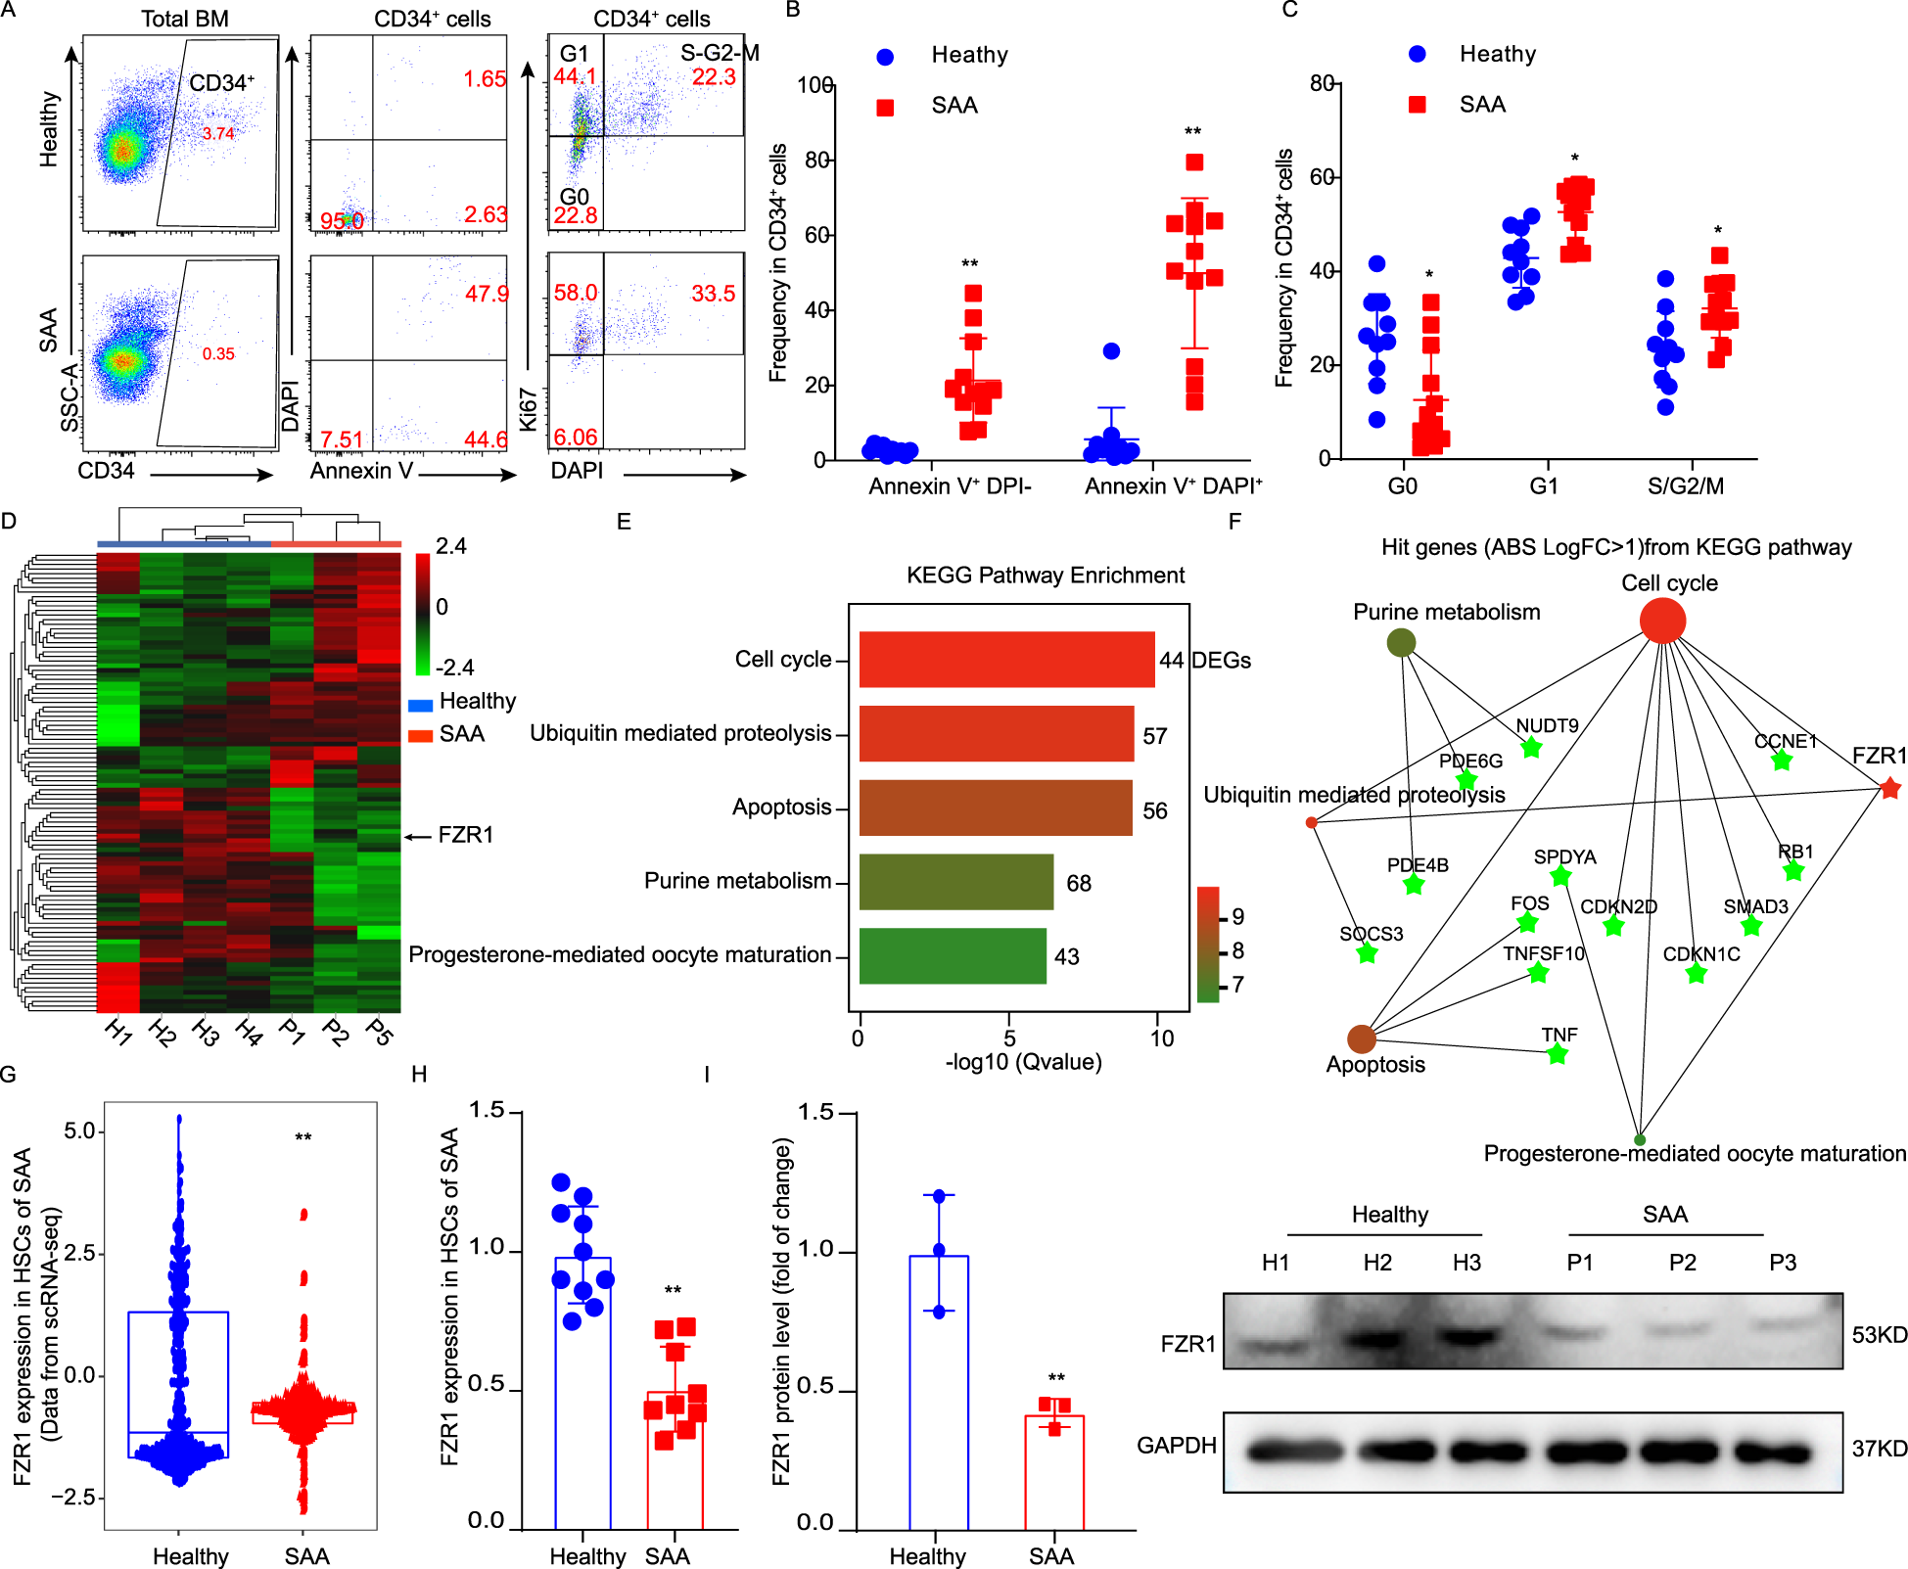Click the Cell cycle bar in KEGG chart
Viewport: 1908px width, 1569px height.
(x=1006, y=660)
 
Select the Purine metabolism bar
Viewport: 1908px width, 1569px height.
(x=955, y=882)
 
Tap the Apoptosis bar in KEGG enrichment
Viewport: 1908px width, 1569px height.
(x=995, y=808)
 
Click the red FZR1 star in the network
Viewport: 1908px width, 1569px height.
(x=1890, y=788)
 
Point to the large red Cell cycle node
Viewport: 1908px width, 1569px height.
(x=1662, y=621)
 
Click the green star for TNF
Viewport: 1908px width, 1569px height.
(x=1557, y=1054)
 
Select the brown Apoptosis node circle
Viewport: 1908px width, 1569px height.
(x=1361, y=1038)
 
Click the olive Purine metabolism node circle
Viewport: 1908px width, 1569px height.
(x=1402, y=642)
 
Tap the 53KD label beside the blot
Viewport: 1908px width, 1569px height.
(x=1879, y=1335)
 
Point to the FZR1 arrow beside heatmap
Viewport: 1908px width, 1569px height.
(x=419, y=836)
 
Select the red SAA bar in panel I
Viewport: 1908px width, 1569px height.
(x=1053, y=1472)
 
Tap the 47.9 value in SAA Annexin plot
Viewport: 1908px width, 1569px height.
(x=487, y=294)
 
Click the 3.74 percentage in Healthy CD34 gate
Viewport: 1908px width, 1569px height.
(x=218, y=133)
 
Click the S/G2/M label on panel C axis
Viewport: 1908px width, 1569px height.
(x=1685, y=486)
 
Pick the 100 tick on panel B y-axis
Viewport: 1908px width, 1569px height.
(x=814, y=85)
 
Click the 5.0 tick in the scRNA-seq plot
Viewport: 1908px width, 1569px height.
(x=80, y=1131)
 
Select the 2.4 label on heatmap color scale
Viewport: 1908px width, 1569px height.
(x=450, y=546)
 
